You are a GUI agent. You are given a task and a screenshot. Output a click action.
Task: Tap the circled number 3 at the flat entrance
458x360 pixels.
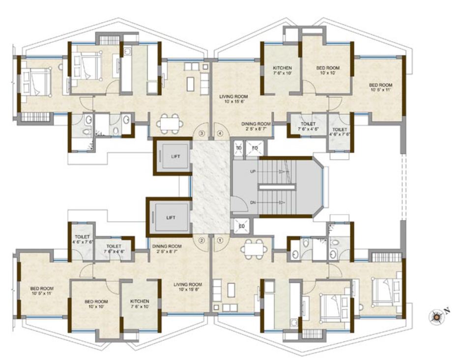click(x=201, y=133)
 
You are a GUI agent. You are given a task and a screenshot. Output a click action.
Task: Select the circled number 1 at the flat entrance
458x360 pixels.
click(x=220, y=240)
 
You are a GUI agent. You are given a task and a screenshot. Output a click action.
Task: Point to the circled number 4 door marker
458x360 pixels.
click(x=220, y=133)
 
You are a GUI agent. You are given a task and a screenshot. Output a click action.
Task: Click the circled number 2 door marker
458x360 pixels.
click(x=201, y=240)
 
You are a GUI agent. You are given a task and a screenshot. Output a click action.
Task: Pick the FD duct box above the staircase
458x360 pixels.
click(x=255, y=147)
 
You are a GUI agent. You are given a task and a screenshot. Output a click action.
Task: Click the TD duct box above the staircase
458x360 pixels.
click(x=239, y=147)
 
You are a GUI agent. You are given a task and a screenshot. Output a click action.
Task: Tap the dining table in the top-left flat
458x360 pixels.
click(x=170, y=122)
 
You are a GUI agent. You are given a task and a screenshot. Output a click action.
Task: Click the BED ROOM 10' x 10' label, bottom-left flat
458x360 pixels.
click(x=96, y=304)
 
